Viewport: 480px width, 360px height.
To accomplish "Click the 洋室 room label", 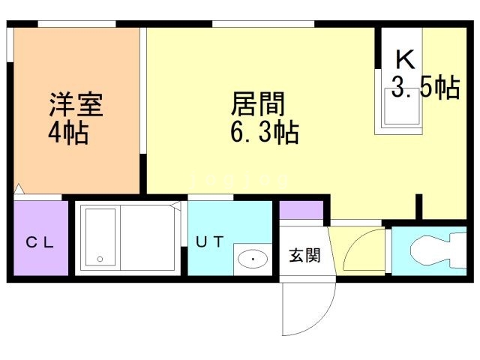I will coord(76,104).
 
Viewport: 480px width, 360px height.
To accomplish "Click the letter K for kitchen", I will coord(404,58).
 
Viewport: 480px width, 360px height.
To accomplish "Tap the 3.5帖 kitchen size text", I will coord(425,88).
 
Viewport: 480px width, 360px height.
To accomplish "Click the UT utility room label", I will coord(210,241).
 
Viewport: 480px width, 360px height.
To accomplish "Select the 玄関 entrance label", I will coord(304,255).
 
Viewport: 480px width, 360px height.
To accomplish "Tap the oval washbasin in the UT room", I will coord(253,259).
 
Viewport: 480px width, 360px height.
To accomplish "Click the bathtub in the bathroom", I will coord(100,236).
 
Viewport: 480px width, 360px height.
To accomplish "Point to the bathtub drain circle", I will coord(98,259).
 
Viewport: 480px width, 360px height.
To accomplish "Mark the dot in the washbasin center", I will coord(253,260).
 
